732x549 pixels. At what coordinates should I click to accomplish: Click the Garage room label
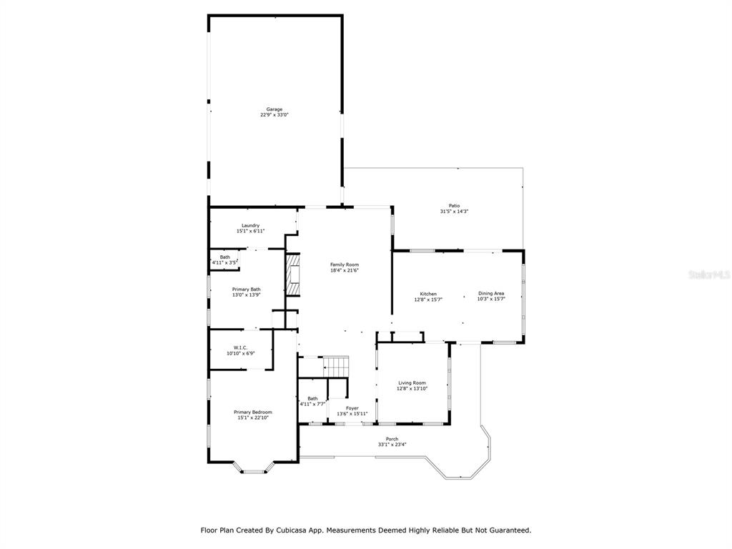(274, 109)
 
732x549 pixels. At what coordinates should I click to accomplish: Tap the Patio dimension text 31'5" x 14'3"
(454, 212)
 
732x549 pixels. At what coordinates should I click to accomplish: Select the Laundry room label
(251, 225)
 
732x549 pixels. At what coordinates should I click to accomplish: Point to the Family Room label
(345, 264)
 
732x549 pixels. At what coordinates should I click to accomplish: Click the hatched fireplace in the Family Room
(292, 274)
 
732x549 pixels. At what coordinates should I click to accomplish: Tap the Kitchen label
(428, 294)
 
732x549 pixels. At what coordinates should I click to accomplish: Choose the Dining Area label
(491, 294)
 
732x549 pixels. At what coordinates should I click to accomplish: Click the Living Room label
(412, 383)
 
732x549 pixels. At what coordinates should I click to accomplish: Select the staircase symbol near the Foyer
(336, 367)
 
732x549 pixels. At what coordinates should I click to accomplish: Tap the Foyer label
(352, 408)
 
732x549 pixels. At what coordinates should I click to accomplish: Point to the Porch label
(392, 440)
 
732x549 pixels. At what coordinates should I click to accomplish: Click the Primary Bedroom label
(253, 412)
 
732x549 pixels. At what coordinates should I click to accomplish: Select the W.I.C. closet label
(241, 348)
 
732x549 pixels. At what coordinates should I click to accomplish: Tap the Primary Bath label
(247, 290)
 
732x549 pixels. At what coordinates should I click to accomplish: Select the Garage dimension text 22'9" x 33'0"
(274, 115)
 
